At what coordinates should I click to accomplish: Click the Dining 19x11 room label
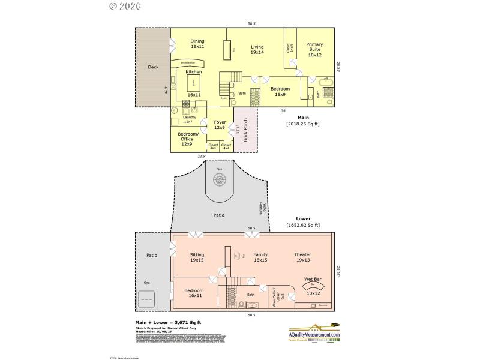point(197,44)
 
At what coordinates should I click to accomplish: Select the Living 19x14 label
point(257,49)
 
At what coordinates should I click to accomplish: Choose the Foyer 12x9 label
point(220,124)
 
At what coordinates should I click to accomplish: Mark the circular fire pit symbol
point(218,178)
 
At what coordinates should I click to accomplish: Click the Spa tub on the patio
point(146,297)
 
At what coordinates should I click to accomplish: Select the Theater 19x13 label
point(302,257)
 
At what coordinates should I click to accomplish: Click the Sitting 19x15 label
point(197,257)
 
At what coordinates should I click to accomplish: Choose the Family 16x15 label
point(260,257)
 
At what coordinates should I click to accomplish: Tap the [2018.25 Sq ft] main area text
point(303,124)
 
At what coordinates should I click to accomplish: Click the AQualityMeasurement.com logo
point(314,334)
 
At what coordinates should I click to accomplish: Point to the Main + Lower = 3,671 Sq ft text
point(167,322)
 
